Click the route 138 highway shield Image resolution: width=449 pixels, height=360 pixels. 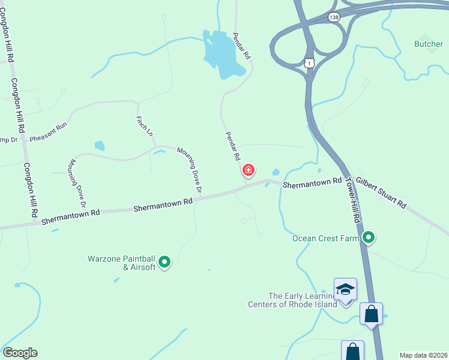click(334, 18)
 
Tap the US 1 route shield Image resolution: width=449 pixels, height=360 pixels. click(309, 63)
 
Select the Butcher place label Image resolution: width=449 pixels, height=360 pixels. click(429, 44)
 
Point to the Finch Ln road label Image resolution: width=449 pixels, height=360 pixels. click(145, 127)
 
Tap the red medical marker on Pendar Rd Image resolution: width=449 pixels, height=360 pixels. click(248, 171)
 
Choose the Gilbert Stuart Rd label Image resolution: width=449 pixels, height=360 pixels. click(381, 193)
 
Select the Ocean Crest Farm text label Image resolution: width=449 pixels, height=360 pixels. click(325, 238)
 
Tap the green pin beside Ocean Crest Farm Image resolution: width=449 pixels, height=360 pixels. click(369, 238)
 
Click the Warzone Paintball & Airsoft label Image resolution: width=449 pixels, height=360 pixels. click(122, 263)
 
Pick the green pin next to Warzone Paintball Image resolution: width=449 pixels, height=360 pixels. click(164, 262)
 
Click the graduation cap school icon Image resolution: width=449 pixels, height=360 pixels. click(345, 290)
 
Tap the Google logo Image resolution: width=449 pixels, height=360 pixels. click(20, 353)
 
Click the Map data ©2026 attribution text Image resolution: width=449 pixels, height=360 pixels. click(423, 355)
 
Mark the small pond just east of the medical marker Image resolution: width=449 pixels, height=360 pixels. click(276, 173)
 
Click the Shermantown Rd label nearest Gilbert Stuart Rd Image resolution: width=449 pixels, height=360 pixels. click(312, 182)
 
